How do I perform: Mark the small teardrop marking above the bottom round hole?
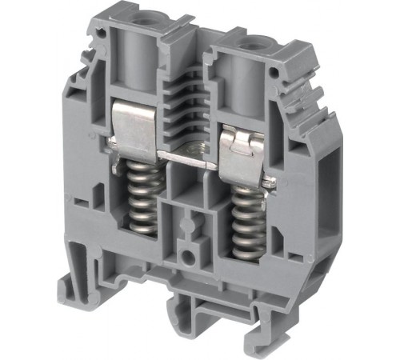pos(190,224)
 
